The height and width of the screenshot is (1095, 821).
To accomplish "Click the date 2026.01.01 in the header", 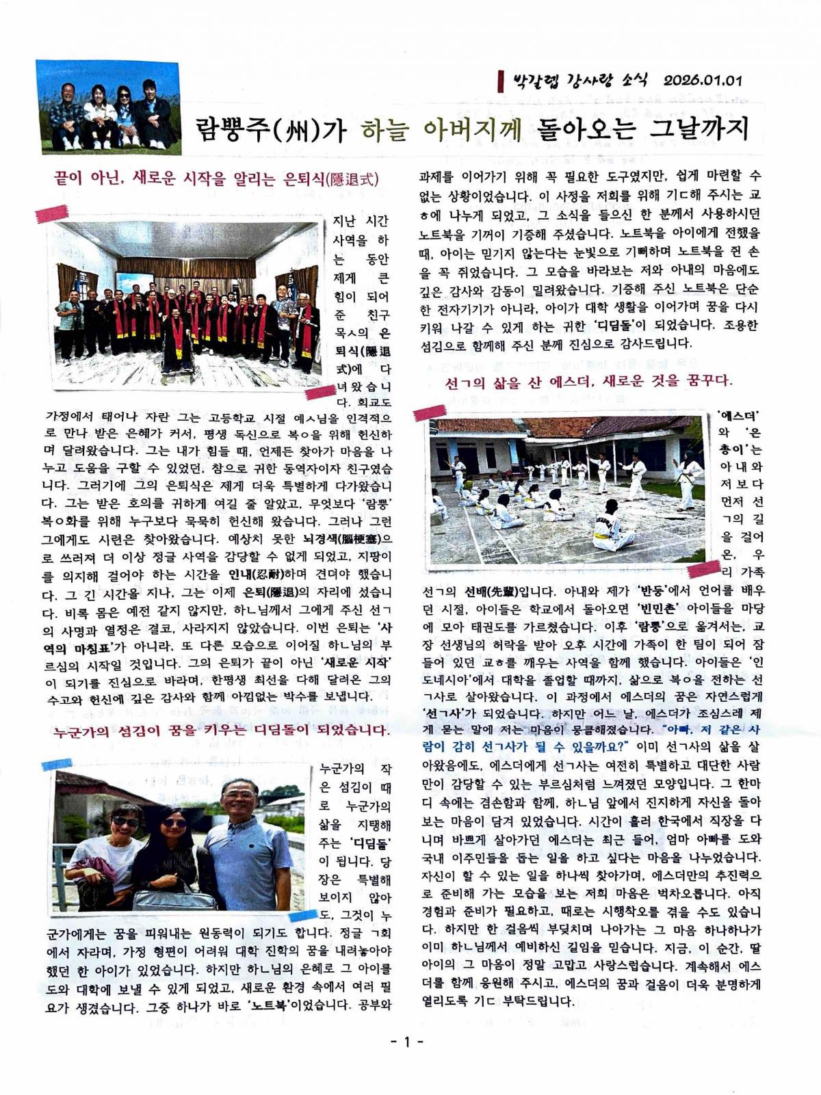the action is [702, 80].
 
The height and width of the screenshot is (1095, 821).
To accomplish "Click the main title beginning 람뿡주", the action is [472, 128].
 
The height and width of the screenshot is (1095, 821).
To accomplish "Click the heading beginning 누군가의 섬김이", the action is [220, 730].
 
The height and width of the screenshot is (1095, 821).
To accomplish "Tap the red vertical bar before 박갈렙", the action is [501, 81].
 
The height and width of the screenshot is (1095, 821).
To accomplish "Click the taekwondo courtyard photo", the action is [566, 490].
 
